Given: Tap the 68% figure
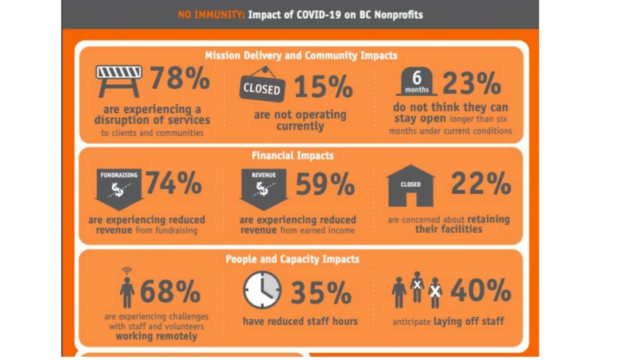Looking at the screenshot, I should point(169,292).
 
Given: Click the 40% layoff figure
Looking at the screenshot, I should point(480,291).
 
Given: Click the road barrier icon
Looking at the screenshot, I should point(118,80).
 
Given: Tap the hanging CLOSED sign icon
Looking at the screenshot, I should point(262,86).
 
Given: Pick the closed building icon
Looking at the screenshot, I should point(410,185).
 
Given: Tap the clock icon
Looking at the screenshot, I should point(262,290).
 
